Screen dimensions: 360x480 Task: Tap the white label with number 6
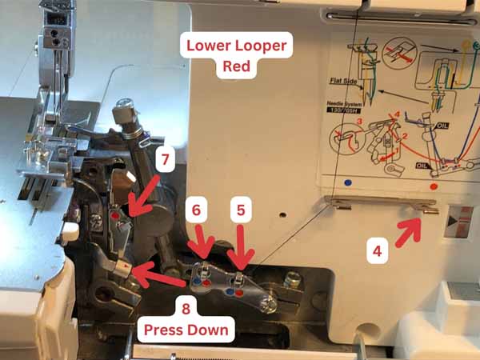tap(198, 211)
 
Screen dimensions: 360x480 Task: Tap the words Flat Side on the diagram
tap(342, 81)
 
